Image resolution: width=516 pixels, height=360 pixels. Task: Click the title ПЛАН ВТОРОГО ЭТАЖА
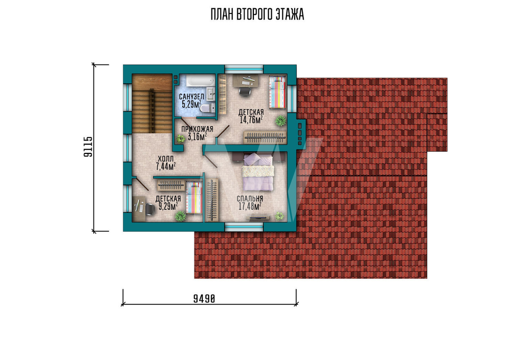257,14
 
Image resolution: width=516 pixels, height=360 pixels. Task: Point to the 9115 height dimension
88,147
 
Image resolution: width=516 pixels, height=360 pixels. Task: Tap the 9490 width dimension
204,299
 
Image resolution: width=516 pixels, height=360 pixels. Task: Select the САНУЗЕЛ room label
191,97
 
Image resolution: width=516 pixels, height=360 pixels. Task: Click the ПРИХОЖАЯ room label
197,129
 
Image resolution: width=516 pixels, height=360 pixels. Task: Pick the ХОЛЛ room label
166,159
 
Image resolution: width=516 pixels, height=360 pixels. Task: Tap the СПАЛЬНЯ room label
250,199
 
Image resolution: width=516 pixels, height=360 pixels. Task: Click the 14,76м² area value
251,119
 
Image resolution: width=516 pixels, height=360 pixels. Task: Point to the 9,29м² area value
168,206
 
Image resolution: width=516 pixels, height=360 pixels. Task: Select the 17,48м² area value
250,206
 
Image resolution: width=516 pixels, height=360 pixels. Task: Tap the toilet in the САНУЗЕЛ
207,108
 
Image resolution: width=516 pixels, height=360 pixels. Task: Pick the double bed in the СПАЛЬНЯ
257,171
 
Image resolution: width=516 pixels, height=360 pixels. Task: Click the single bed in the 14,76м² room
277,92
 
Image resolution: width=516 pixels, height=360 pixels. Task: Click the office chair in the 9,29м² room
150,209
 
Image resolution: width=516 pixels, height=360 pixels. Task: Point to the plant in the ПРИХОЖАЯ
180,138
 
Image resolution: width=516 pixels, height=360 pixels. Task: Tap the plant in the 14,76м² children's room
280,121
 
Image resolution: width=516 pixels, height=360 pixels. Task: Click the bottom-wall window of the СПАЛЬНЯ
244,227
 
